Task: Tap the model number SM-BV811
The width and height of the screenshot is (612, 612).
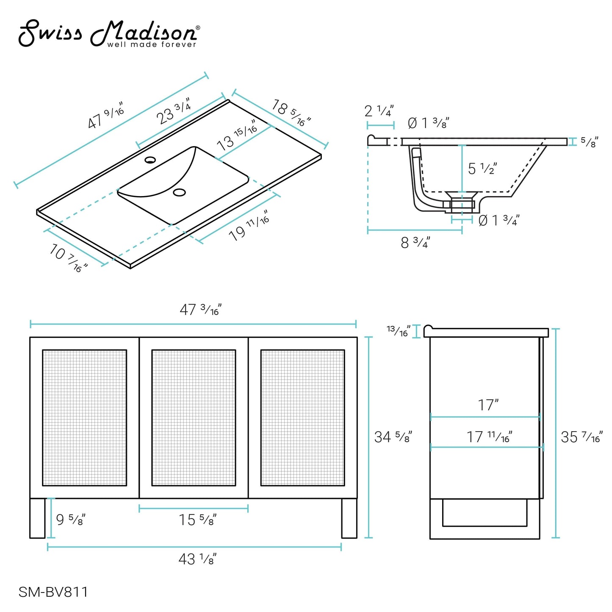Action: (x=53, y=592)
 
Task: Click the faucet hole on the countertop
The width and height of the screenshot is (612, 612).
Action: (x=150, y=160)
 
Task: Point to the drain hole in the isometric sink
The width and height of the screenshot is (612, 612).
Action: (x=180, y=192)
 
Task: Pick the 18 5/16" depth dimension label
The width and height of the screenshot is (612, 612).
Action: (x=291, y=113)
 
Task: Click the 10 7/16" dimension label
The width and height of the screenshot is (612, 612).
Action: (x=68, y=258)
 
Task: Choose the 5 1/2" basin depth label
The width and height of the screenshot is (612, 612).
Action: (x=482, y=169)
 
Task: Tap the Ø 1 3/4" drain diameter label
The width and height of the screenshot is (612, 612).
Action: (x=498, y=220)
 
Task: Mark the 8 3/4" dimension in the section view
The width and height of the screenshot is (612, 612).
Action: (x=415, y=243)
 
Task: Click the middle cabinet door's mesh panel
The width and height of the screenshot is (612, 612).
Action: (x=194, y=418)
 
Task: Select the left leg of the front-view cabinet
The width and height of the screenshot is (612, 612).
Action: (x=37, y=518)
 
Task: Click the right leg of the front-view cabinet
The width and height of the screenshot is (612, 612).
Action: (x=349, y=518)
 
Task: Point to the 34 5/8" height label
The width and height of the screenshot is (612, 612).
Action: (x=393, y=437)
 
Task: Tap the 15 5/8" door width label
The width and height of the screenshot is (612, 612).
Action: (x=197, y=520)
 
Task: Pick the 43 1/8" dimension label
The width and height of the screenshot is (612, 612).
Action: (x=197, y=559)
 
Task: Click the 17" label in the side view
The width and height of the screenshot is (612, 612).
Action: (x=488, y=405)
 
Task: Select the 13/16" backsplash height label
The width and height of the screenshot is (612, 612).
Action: (x=398, y=331)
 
